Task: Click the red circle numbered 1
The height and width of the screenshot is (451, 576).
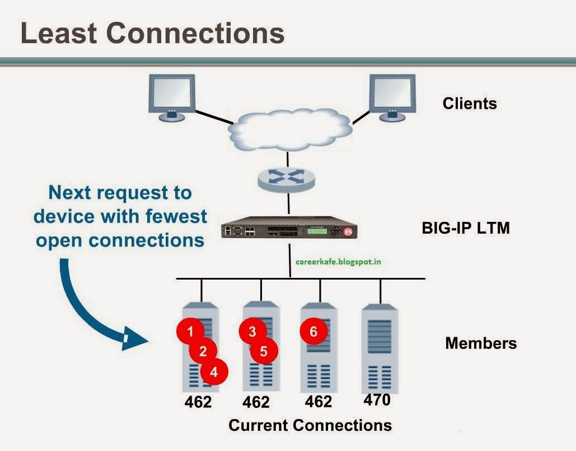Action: pos(190,331)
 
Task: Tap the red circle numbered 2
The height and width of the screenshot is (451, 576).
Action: pos(203,351)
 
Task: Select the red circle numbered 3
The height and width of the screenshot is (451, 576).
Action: pos(252,331)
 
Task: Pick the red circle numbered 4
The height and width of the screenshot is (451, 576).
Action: pos(214,371)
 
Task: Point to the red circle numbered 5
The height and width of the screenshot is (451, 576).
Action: pos(264,351)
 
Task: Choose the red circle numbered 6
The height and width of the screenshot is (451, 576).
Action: pos(313,331)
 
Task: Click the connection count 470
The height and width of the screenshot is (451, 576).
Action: pos(377,401)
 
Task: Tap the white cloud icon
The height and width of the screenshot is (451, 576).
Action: pos(289,129)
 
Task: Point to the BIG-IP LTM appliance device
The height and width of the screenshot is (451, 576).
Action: pos(289,230)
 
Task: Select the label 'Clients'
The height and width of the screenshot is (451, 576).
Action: pos(469,104)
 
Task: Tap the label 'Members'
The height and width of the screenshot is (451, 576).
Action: pos(480,343)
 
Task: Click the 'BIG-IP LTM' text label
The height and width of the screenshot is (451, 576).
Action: pos(465,228)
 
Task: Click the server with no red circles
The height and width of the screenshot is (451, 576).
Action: pos(380,347)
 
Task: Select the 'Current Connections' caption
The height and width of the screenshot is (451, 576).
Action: pos(310,425)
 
